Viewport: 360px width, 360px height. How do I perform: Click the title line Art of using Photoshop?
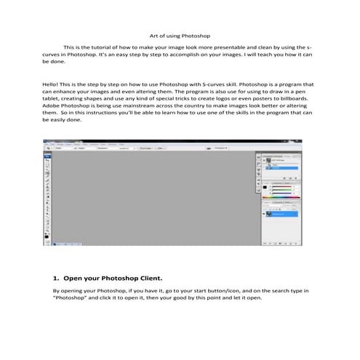pyautogui.click(x=180, y=34)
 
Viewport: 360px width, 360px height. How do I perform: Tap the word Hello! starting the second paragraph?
pyautogui.click(x=52, y=84)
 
